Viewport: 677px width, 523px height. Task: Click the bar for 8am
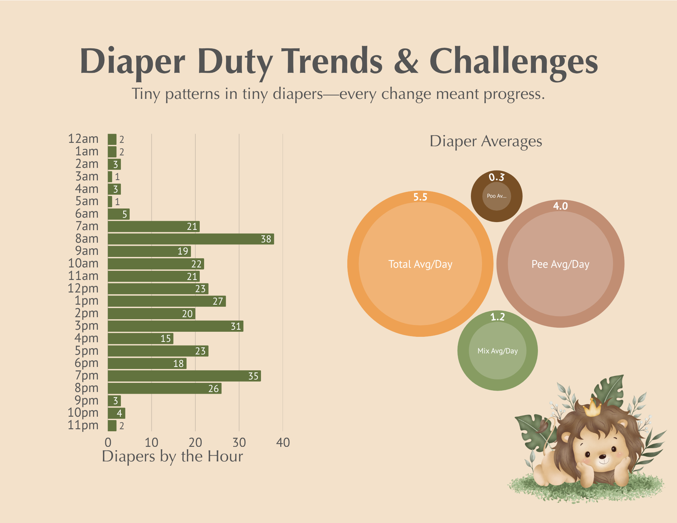191,239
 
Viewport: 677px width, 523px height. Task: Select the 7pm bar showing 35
184,376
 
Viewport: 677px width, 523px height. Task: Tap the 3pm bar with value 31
176,326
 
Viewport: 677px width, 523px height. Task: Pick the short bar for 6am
119,214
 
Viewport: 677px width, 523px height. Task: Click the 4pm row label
87,338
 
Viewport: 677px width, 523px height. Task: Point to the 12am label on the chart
83,139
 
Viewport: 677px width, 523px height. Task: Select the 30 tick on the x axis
239,442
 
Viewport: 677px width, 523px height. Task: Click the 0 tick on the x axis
108,442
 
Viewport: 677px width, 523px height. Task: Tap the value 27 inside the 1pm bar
218,301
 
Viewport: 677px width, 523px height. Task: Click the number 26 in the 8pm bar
213,389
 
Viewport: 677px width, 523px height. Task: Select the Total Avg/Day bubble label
420,264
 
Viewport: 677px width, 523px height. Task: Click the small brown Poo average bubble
497,196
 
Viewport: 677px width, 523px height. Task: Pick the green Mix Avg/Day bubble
498,351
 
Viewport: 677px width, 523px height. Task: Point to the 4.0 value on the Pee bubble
560,206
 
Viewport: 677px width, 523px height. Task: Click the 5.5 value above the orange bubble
420,197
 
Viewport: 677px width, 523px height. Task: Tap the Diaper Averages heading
486,141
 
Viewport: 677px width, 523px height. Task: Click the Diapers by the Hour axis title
172,456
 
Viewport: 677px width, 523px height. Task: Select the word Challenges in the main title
514,62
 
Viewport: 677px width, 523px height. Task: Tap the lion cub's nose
603,457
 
